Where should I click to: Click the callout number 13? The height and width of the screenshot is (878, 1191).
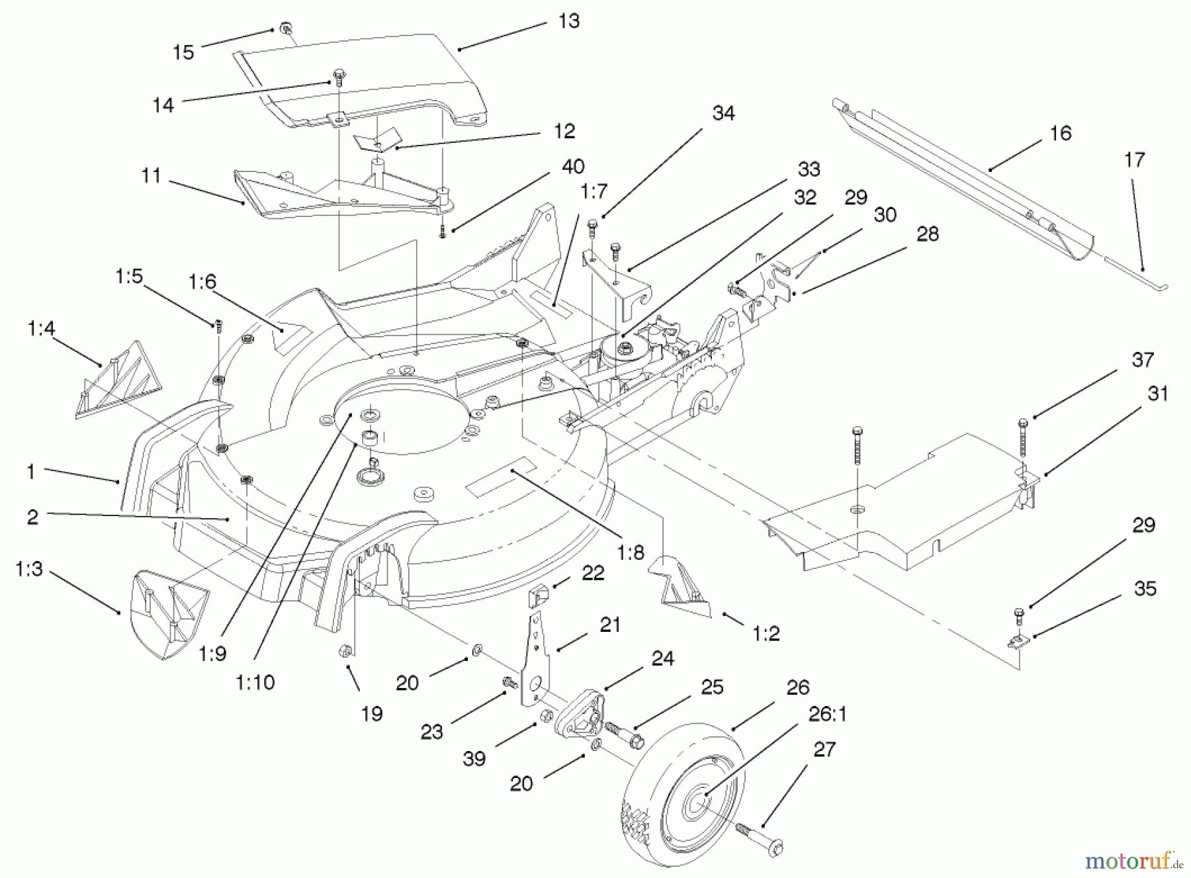click(568, 21)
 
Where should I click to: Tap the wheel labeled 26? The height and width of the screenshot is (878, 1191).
click(682, 794)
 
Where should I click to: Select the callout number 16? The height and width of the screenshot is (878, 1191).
click(1060, 133)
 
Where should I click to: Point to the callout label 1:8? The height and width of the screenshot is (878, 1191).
click(630, 552)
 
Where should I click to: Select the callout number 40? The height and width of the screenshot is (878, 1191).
click(572, 166)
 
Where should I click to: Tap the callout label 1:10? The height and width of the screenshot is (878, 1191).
click(255, 682)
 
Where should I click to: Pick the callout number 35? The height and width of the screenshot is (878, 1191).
click(1145, 588)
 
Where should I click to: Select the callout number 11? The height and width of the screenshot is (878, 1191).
click(151, 176)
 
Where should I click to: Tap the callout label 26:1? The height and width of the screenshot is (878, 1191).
click(827, 715)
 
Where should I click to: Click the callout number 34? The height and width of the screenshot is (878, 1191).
click(723, 113)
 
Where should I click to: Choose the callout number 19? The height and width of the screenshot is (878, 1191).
click(372, 714)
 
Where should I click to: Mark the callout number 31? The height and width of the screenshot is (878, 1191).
click(1158, 394)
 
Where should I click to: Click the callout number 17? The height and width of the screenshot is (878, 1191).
click(1134, 159)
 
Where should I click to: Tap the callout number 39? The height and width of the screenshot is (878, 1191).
click(474, 758)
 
